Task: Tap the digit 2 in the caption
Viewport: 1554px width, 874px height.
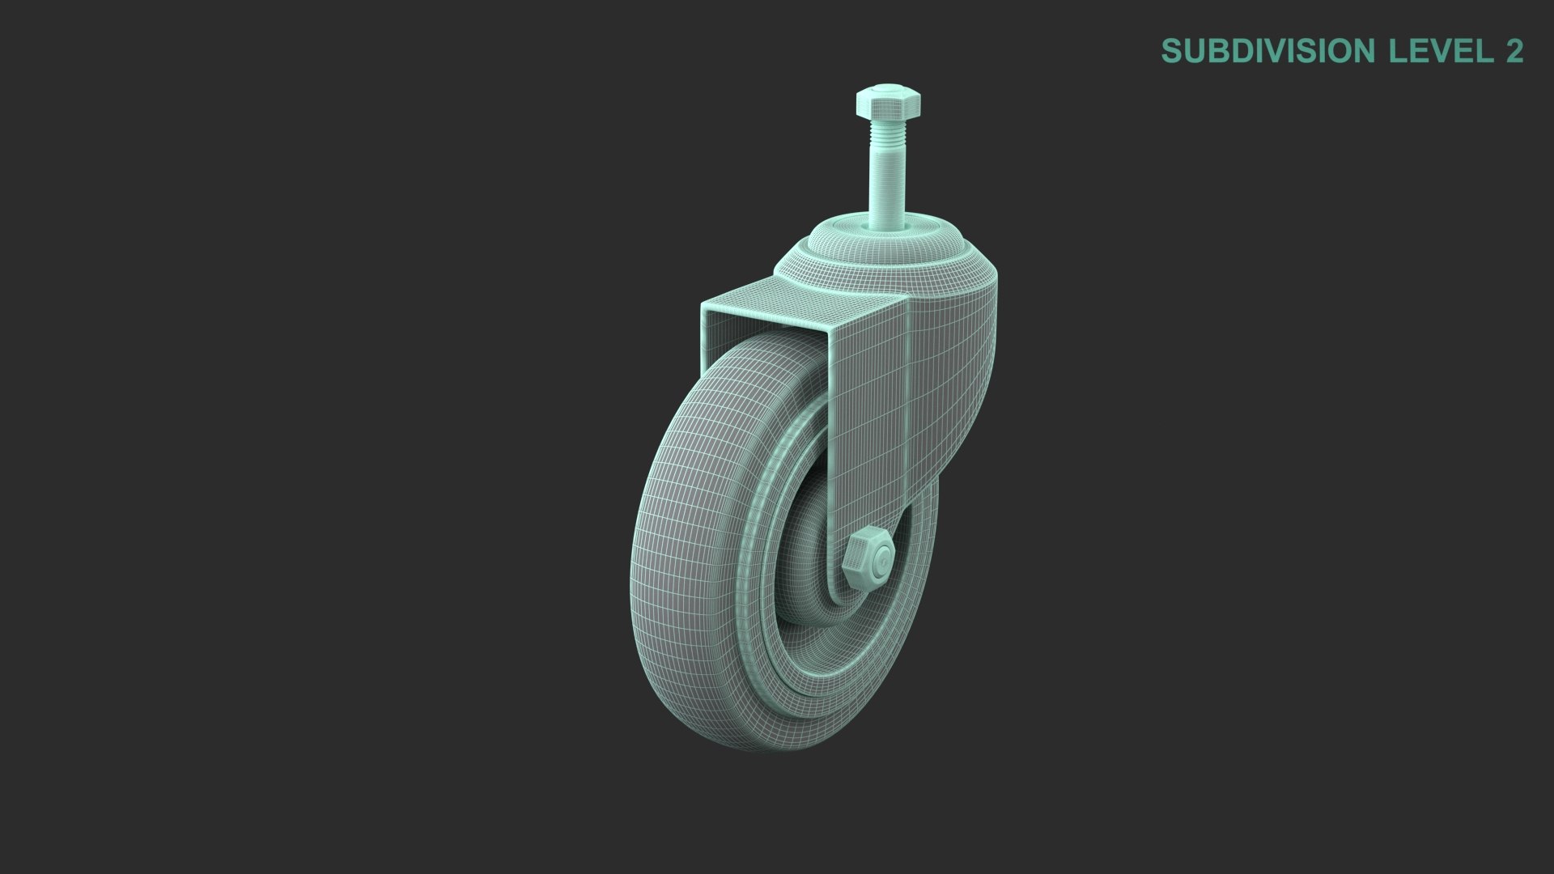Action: (1514, 51)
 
